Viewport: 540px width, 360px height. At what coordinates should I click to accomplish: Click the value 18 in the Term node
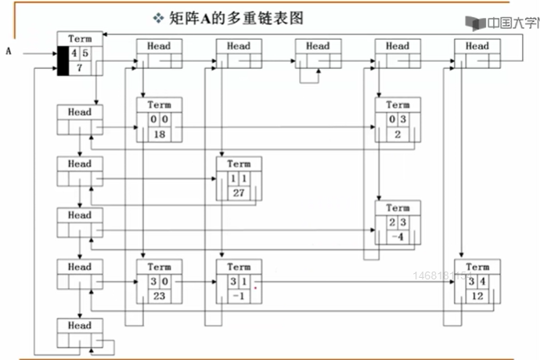[x=159, y=135]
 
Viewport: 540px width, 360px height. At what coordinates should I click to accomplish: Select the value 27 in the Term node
[x=239, y=193]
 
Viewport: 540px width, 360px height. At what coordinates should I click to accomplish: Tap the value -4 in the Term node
[x=398, y=237]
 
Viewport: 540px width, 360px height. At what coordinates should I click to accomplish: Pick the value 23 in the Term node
[x=159, y=296]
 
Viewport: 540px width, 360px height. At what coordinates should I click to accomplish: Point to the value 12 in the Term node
[x=477, y=296]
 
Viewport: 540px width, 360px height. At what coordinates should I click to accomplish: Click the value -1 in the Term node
[x=239, y=296]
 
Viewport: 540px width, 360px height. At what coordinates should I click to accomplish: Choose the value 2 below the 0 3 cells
[x=398, y=135]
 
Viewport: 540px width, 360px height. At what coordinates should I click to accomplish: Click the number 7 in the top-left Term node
[x=81, y=69]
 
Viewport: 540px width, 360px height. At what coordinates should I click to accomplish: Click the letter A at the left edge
[x=9, y=52]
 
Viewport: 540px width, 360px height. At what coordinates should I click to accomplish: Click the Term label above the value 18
[x=159, y=105]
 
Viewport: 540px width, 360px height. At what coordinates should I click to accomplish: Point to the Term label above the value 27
[x=239, y=164]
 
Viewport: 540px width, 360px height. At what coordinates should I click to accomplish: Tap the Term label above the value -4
[x=398, y=208]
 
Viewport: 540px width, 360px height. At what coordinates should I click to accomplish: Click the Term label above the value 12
[x=477, y=267]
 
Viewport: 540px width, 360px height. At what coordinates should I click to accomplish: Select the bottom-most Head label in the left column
[x=79, y=326]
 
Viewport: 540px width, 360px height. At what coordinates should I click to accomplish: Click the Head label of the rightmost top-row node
[x=477, y=46]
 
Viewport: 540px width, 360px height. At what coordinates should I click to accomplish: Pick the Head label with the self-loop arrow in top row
[x=318, y=46]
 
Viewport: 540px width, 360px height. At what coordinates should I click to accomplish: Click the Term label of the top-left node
[x=80, y=38]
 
